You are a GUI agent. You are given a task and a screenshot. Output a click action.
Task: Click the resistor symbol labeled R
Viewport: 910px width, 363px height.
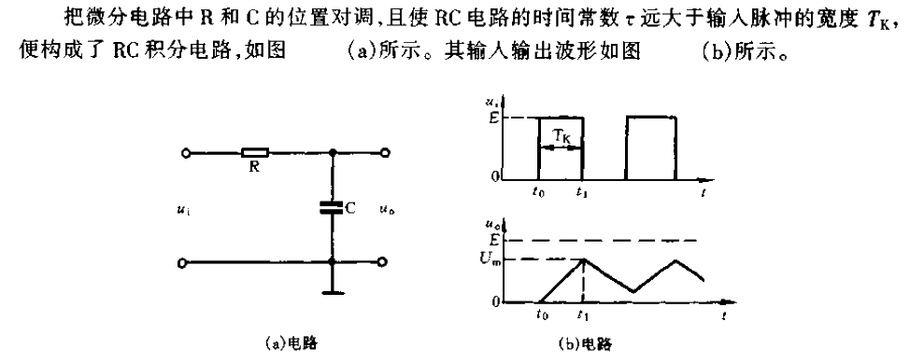pyautogui.click(x=255, y=151)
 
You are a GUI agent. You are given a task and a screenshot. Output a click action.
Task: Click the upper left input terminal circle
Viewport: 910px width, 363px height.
pyautogui.click(x=187, y=151)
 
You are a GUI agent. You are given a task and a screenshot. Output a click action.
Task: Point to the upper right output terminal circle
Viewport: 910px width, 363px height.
pyautogui.click(x=384, y=151)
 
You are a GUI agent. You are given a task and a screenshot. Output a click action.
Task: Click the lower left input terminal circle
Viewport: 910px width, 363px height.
pyautogui.click(x=187, y=264)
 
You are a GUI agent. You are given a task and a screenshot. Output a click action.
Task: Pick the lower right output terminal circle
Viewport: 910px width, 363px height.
pyautogui.click(x=384, y=264)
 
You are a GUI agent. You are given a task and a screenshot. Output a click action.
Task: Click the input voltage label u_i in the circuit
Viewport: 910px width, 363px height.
pyautogui.click(x=180, y=211)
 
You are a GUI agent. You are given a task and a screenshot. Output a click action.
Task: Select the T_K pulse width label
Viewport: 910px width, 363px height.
pyautogui.click(x=561, y=136)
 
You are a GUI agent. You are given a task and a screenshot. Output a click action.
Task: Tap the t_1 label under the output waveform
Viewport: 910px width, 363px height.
pyautogui.click(x=585, y=316)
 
